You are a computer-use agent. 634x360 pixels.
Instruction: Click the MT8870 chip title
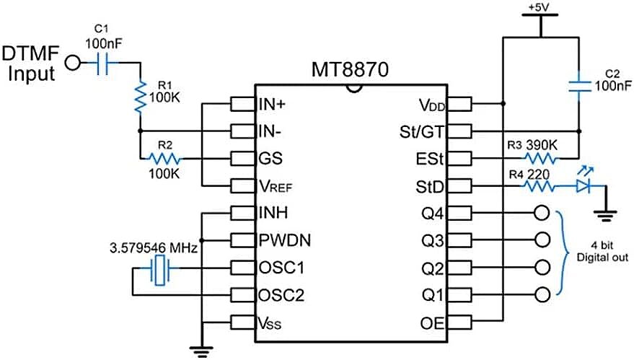[x=351, y=71]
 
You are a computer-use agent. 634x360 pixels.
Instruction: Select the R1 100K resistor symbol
[x=139, y=95]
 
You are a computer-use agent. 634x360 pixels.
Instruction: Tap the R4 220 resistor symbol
[x=539, y=186]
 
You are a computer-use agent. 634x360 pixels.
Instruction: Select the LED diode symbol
[x=584, y=185]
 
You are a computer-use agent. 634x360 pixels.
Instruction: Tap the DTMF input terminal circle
[x=71, y=63]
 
